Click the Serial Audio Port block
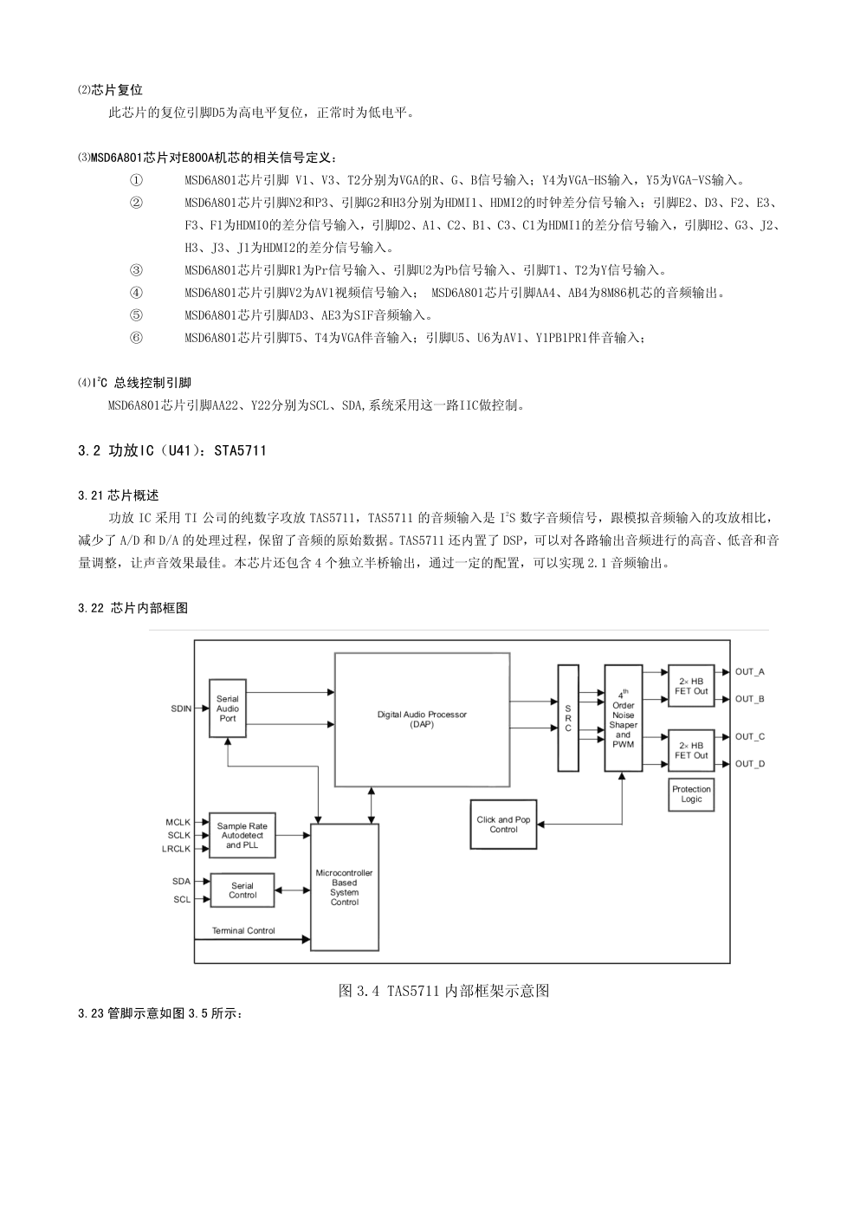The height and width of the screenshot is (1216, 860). click(228, 708)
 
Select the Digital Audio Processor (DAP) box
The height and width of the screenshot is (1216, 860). click(422, 719)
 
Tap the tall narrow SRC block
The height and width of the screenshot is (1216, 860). click(568, 718)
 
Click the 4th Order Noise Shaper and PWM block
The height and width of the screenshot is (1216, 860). click(624, 718)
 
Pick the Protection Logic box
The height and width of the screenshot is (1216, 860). click(691, 794)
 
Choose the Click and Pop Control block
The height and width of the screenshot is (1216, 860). click(503, 824)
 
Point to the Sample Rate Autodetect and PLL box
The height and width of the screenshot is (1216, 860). click(242, 835)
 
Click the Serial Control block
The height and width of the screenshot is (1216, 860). click(242, 889)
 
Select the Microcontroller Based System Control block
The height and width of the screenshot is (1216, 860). click(344, 887)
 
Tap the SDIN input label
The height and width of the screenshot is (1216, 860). click(181, 708)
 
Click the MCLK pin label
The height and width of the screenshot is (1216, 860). click(178, 822)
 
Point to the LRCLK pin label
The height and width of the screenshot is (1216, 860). click(176, 849)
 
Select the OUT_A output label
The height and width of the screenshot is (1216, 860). click(750, 671)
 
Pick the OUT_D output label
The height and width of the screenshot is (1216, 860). click(750, 764)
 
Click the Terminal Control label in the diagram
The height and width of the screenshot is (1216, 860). click(243, 930)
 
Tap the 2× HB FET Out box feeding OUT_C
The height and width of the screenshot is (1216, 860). click(691, 750)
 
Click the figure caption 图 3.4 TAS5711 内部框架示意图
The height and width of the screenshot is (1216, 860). click(443, 991)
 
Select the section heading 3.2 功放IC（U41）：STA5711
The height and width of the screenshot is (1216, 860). click(172, 450)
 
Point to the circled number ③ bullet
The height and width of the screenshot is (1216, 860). click(136, 270)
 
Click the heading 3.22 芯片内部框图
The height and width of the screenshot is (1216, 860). click(133, 608)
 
